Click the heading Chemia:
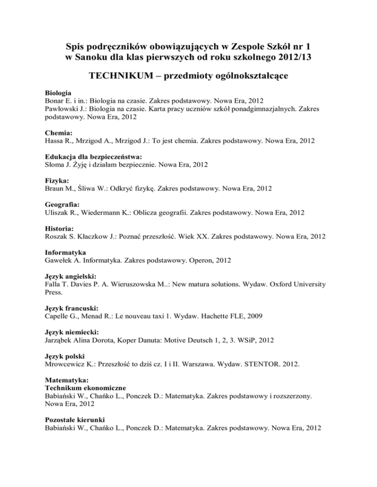(x=58, y=132)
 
